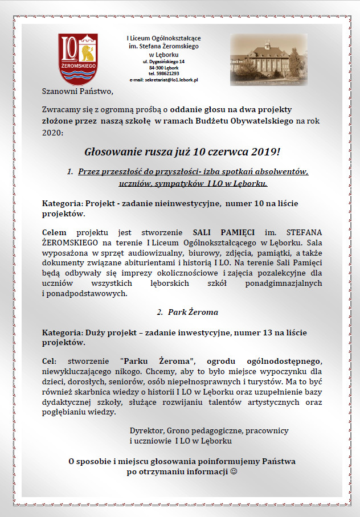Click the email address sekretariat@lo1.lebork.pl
tap(163, 80)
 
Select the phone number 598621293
tap(163, 73)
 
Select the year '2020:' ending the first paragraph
tap(54, 132)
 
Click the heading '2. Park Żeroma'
tap(179, 312)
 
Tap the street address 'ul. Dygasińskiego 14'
tap(163, 61)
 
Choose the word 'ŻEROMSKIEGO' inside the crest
tap(79, 66)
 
